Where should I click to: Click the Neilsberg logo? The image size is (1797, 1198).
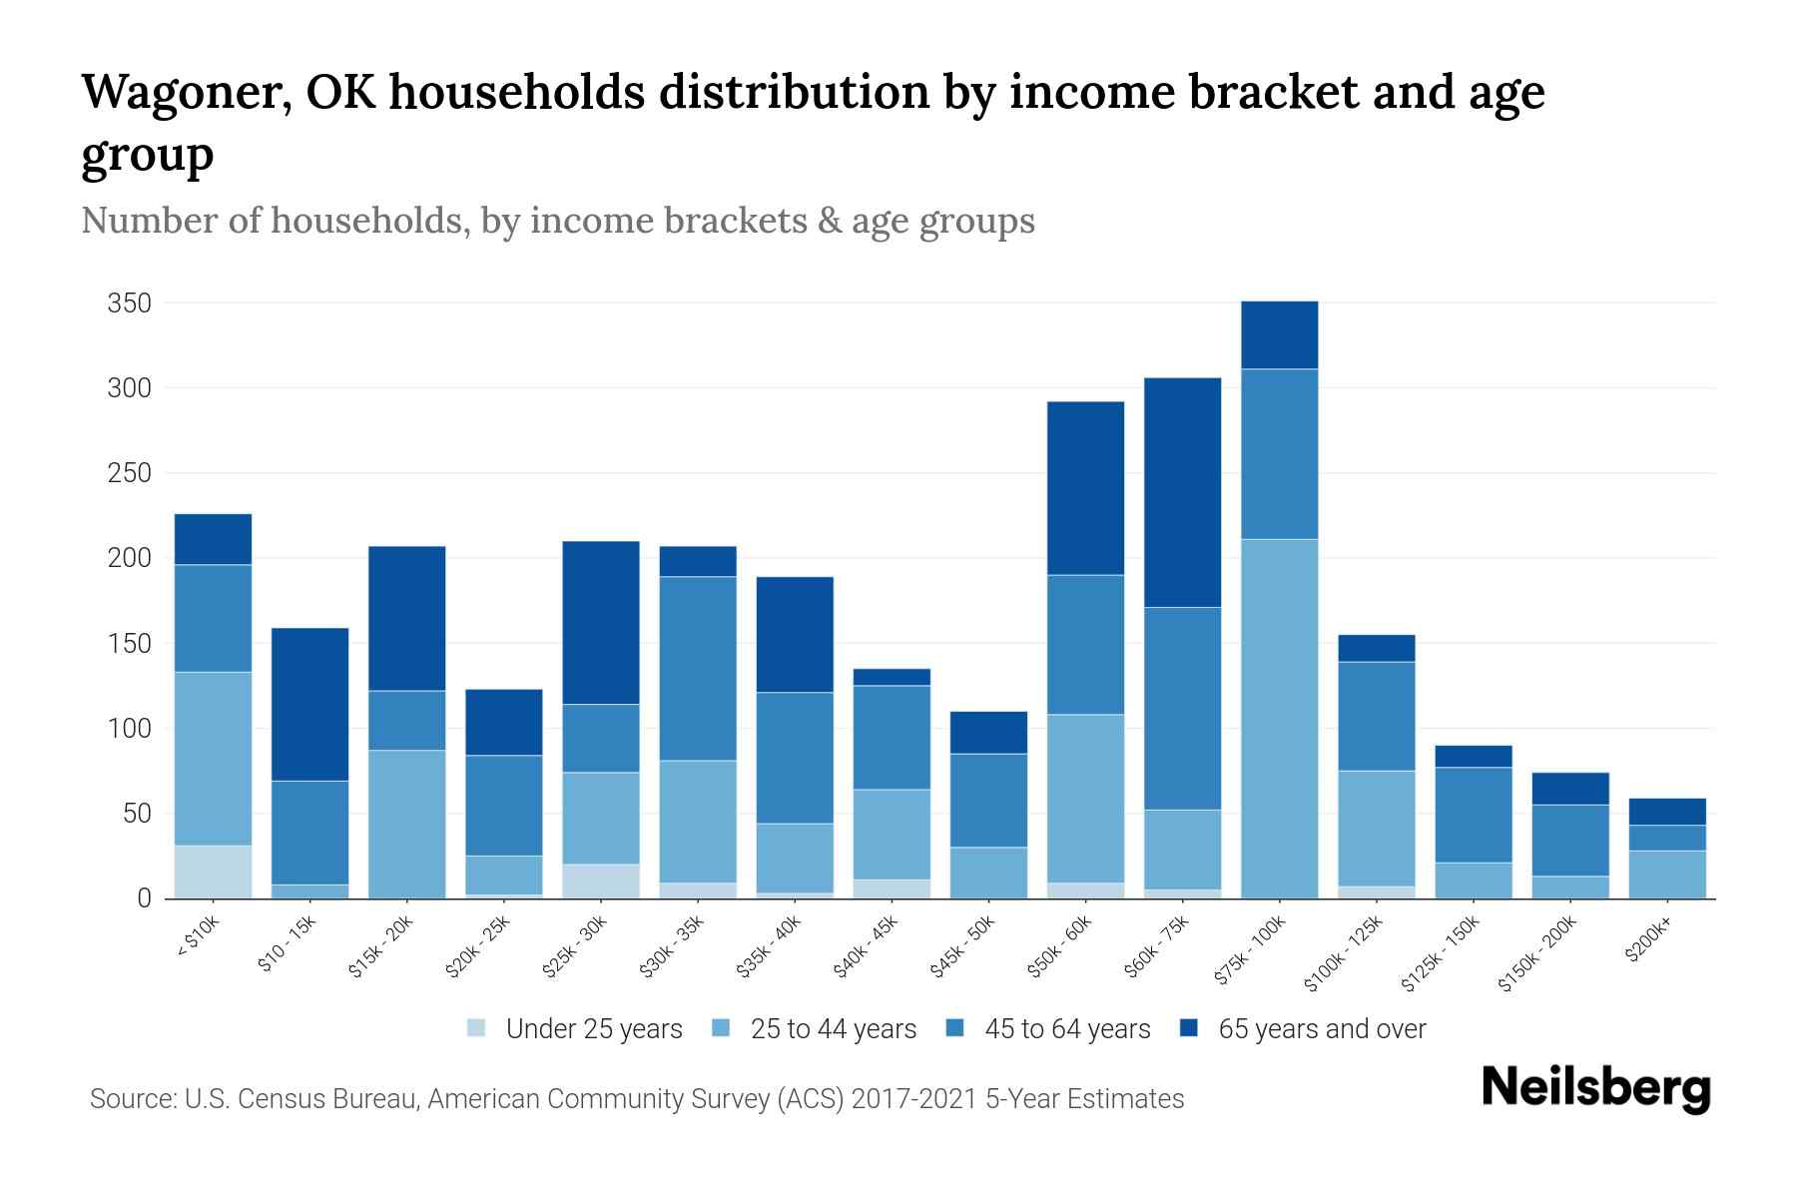click(1595, 1088)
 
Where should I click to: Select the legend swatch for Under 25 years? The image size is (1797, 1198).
click(476, 1028)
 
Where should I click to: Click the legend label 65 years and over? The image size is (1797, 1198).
click(1322, 1029)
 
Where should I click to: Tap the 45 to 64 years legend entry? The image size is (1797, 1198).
click(1067, 1029)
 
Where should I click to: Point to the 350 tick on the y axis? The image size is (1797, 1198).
click(129, 303)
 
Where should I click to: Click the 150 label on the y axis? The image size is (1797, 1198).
click(129, 644)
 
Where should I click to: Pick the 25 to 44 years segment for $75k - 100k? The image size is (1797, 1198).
click(1280, 719)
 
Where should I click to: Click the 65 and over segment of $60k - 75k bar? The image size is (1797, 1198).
click(1183, 492)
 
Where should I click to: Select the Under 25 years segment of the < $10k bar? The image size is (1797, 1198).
click(213, 872)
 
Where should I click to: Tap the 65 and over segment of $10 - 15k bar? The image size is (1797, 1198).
click(310, 704)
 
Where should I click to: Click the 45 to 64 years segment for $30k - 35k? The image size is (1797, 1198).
click(698, 668)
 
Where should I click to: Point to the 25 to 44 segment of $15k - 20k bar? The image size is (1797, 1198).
click(407, 824)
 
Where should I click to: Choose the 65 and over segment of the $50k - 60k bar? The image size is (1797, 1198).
click(1085, 488)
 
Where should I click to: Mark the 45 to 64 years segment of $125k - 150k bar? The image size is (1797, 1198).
click(1474, 815)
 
